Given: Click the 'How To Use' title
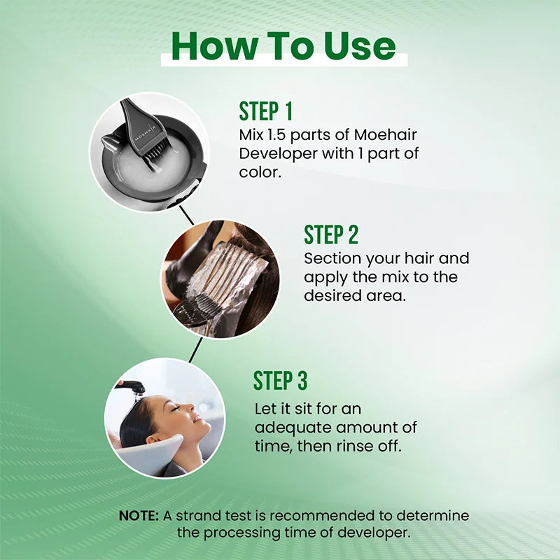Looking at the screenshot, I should pos(283,46).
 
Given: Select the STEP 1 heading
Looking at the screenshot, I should pos(265,111).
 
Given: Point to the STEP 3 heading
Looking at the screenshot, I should pos(280,381).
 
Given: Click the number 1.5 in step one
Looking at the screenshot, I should pos(283,134).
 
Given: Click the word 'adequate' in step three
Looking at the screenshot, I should pos(287,427).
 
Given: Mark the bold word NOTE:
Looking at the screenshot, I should pos(139,516).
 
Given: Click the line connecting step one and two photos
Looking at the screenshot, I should pos(185,214).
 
